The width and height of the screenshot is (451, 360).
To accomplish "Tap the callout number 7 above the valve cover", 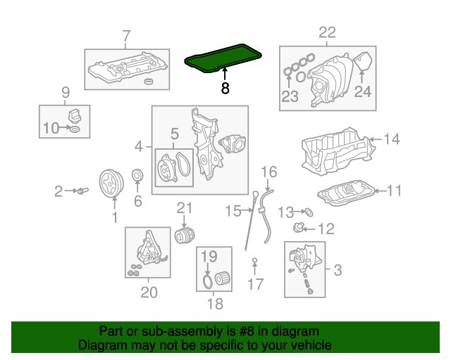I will tap(126, 36).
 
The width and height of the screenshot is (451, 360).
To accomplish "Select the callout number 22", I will tap(328, 32).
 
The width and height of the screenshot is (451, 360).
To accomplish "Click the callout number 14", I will tap(391, 139).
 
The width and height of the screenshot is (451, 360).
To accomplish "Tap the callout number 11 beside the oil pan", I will tap(394, 190).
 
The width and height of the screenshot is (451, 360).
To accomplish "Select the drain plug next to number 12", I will tap(299, 228).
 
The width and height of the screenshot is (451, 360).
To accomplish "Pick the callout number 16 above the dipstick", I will tap(270, 172).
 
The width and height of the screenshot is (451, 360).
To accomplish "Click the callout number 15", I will tap(233, 210).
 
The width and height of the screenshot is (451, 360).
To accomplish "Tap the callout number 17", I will tap(255, 284).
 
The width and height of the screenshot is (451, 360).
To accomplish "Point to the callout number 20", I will tap(149, 292).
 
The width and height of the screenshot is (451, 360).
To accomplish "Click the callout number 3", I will tap(337, 269).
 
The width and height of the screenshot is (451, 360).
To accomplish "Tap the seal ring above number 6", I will tap(138, 175).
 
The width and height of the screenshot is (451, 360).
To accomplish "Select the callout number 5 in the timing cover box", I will tap(174, 133).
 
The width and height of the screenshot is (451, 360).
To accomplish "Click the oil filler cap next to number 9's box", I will tap(73, 115).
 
